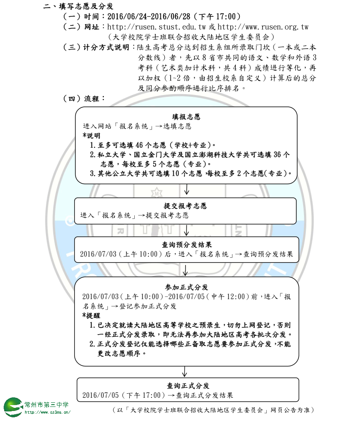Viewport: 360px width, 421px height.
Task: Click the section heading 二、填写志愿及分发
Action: (78, 6)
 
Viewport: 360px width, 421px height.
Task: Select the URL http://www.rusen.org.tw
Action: (263, 27)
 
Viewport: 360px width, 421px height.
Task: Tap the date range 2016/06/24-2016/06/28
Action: (149, 16)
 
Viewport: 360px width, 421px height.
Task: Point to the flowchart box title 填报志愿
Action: (186, 116)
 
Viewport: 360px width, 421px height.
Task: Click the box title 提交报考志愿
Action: (185, 205)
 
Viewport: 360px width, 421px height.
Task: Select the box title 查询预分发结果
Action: (187, 245)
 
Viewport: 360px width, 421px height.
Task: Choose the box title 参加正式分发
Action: (187, 287)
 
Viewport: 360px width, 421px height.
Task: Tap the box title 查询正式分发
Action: (188, 386)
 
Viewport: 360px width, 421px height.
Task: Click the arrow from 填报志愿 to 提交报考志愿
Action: (187, 189)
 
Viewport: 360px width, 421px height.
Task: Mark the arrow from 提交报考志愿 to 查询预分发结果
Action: (186, 231)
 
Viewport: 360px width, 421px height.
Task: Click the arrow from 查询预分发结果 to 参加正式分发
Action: (185, 270)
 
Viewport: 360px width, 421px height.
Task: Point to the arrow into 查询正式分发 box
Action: (184, 371)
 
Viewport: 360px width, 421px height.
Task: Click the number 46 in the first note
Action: (139, 145)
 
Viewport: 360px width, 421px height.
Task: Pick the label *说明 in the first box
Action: (91, 135)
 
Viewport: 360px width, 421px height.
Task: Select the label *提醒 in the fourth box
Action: (91, 316)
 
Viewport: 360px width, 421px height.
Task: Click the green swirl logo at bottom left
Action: (13, 407)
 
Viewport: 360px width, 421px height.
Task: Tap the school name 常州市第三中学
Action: (46, 405)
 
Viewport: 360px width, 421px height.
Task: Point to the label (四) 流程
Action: (84, 98)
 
